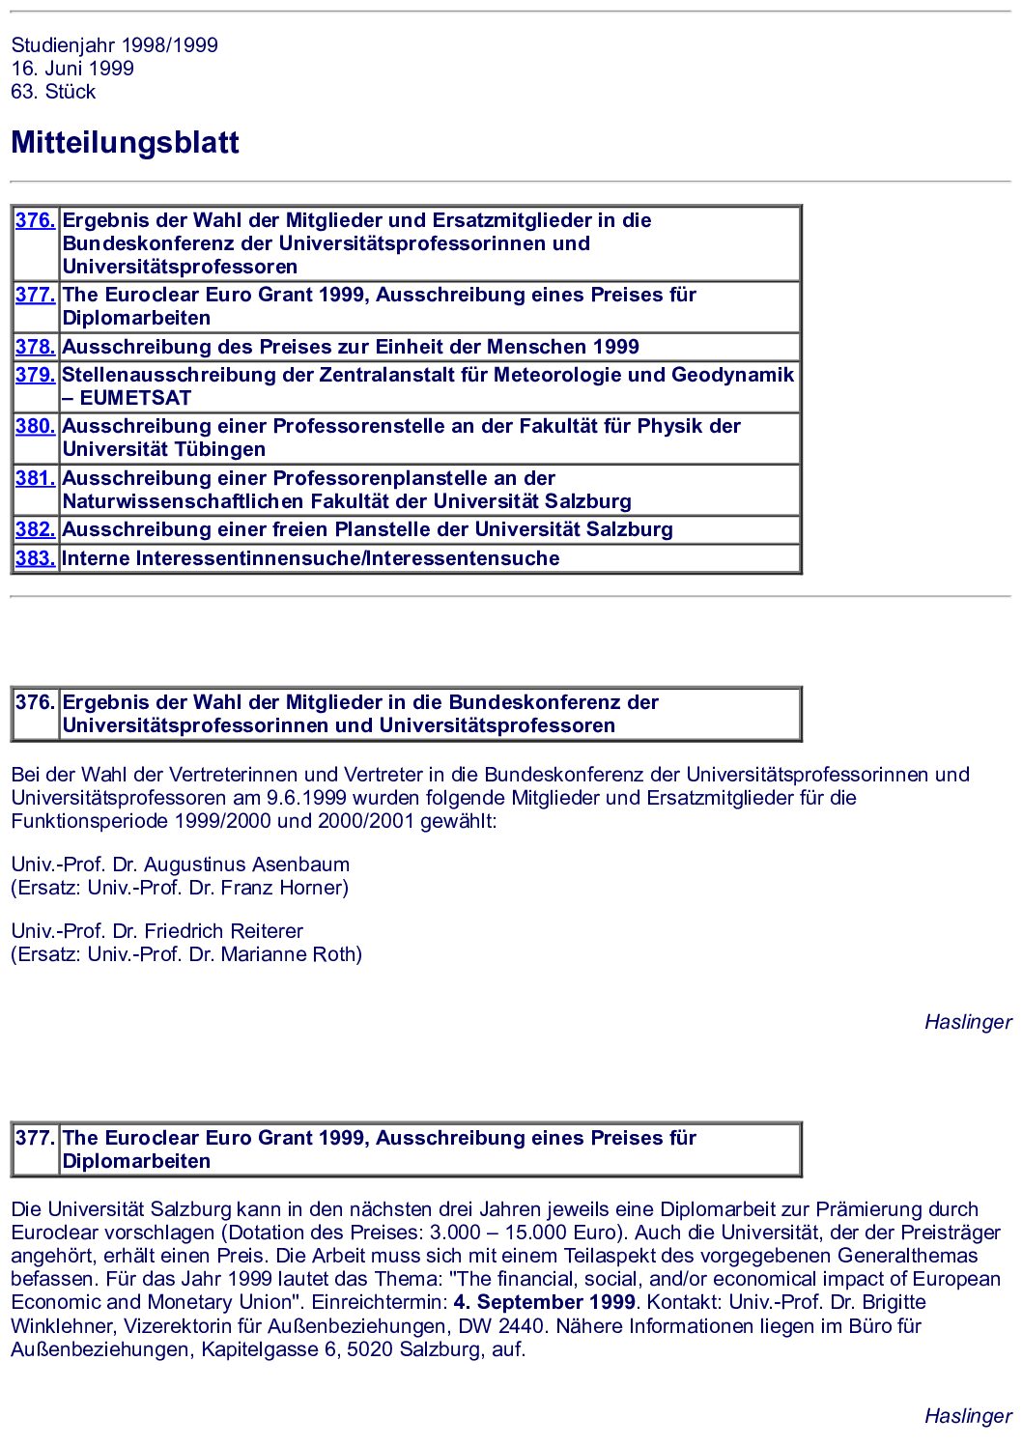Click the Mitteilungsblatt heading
125,143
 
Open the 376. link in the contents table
35,220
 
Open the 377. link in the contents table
35,295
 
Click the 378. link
35,347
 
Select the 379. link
35,375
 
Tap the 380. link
35,426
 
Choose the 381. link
35,478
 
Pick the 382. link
35,529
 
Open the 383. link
35,558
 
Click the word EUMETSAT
135,398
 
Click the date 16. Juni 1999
72,69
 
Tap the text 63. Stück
53,92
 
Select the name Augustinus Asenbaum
246,865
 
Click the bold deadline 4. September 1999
545,1302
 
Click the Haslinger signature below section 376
968,1022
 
